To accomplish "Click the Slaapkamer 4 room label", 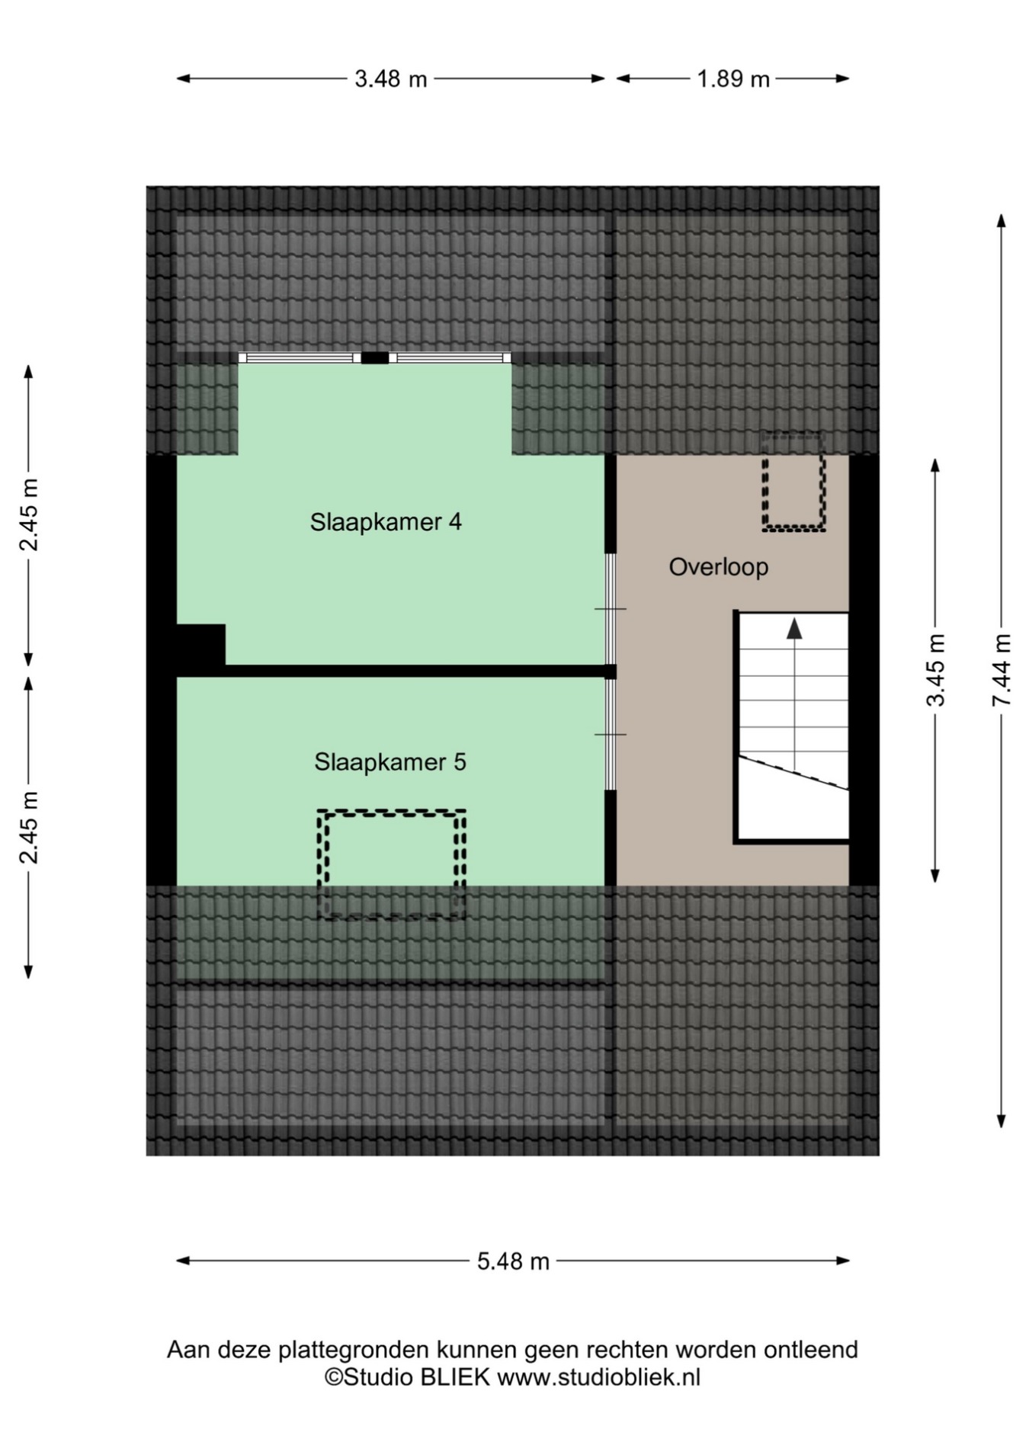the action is pos(386,522).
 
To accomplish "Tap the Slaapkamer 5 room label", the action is pos(390,762).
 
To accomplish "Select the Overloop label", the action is pos(719,567).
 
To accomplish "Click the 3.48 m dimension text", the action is pos(390,79).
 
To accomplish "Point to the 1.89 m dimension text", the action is pos(733,79).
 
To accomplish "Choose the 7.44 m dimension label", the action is pos(1002,670).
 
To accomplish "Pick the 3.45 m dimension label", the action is pos(936,670).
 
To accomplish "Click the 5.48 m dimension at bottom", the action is pos(513,1261).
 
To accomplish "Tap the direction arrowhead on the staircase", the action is pos(794,628).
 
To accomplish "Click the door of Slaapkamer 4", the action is pos(611,609).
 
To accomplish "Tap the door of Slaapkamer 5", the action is pos(611,734).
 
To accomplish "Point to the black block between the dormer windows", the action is pos(374,357).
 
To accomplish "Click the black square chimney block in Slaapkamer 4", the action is pos(200,645).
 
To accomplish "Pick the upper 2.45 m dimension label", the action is pos(29,515).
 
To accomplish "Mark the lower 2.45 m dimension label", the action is pos(29,828).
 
